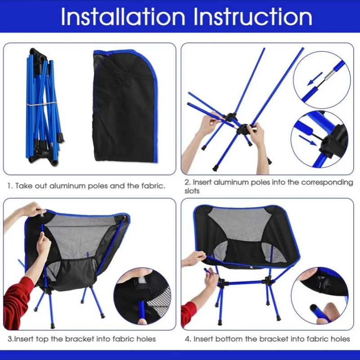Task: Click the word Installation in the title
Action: pos(122,17)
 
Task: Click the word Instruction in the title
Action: pos(252,17)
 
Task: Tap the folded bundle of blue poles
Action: pos(43,106)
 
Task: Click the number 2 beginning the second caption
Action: pos(186,182)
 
